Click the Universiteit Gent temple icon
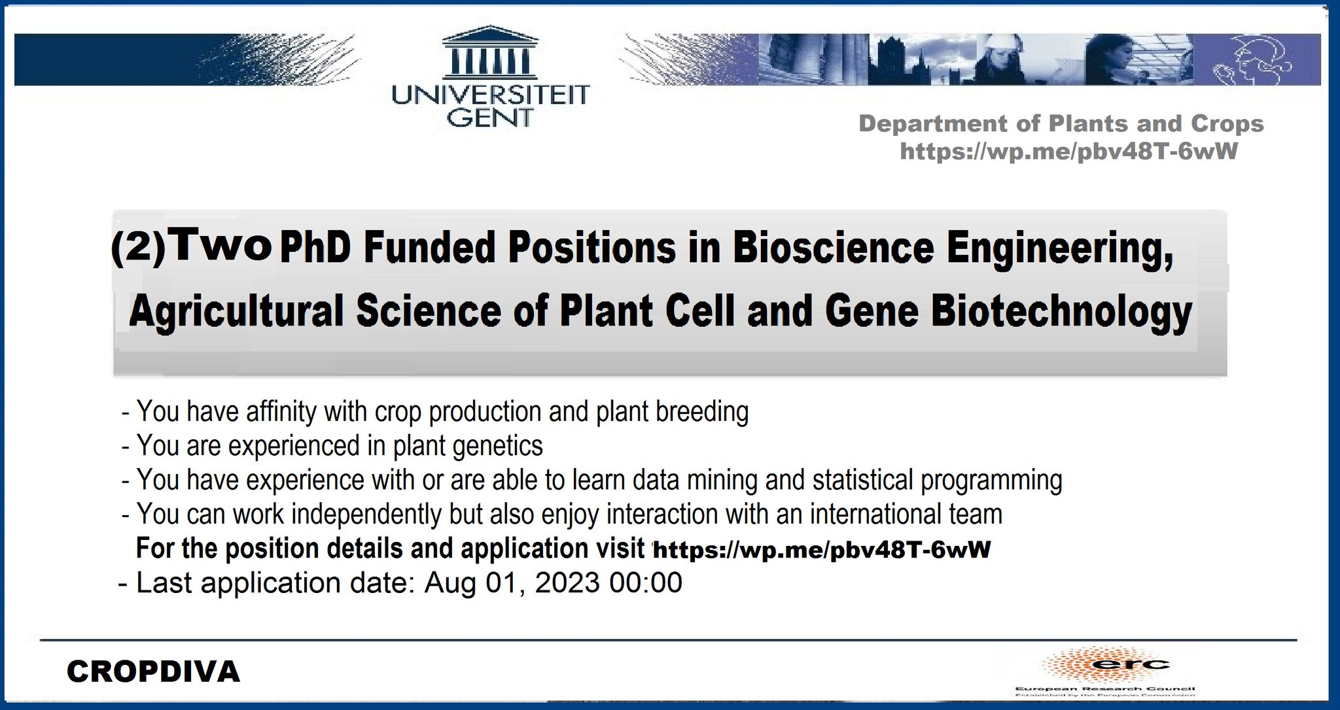click(490, 52)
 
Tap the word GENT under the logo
click(490, 118)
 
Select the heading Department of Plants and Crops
click(1061, 124)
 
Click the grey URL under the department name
click(1068, 152)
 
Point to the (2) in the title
click(138, 247)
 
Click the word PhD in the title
click(315, 248)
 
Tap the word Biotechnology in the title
click(1061, 311)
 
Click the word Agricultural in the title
click(236, 311)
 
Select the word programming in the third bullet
click(991, 481)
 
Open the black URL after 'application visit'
click(822, 550)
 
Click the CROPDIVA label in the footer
click(154, 672)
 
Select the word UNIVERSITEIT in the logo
click(490, 95)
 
